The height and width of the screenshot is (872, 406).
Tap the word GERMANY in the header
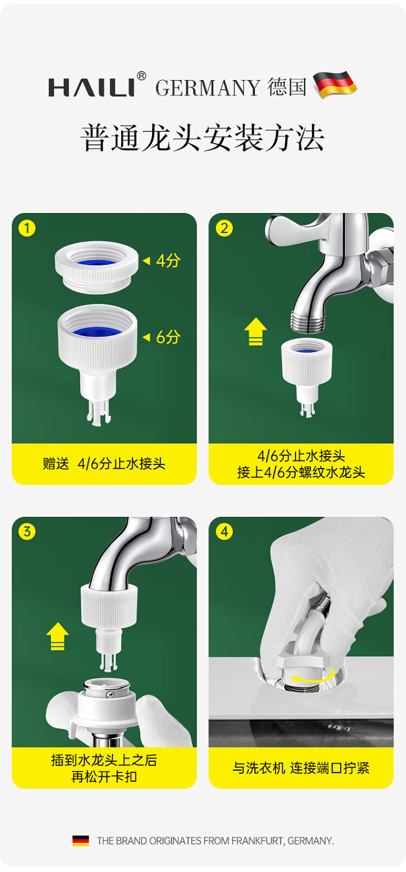(x=208, y=88)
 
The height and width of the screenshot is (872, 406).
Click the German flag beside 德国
(x=335, y=85)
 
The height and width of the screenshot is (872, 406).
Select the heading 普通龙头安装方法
(x=202, y=138)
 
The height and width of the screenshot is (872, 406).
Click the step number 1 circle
(x=27, y=229)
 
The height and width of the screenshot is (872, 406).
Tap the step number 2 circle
(x=225, y=229)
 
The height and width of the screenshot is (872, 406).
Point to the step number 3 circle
(x=27, y=532)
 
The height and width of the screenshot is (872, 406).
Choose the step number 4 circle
(x=225, y=532)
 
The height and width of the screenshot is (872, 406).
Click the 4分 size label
(x=168, y=261)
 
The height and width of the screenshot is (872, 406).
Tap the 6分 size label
(x=168, y=337)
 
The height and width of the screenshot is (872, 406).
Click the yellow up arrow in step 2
(x=256, y=331)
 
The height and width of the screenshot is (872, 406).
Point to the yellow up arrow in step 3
(x=57, y=636)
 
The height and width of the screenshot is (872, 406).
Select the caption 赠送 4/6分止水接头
(x=104, y=464)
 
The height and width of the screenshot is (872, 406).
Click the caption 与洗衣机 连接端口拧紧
(x=301, y=768)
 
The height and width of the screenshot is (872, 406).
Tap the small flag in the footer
(x=81, y=841)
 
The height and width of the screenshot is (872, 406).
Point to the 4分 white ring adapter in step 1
(x=97, y=267)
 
